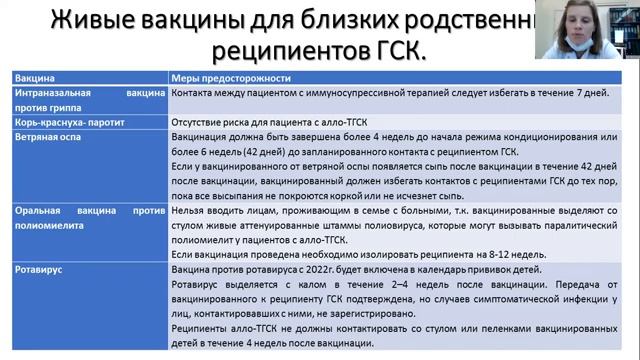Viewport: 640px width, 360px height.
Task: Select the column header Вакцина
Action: pyautogui.click(x=35, y=76)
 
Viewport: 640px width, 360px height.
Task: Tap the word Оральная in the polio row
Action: pyautogui.click(x=41, y=212)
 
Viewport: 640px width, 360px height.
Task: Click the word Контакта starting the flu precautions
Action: pyautogui.click(x=195, y=93)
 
